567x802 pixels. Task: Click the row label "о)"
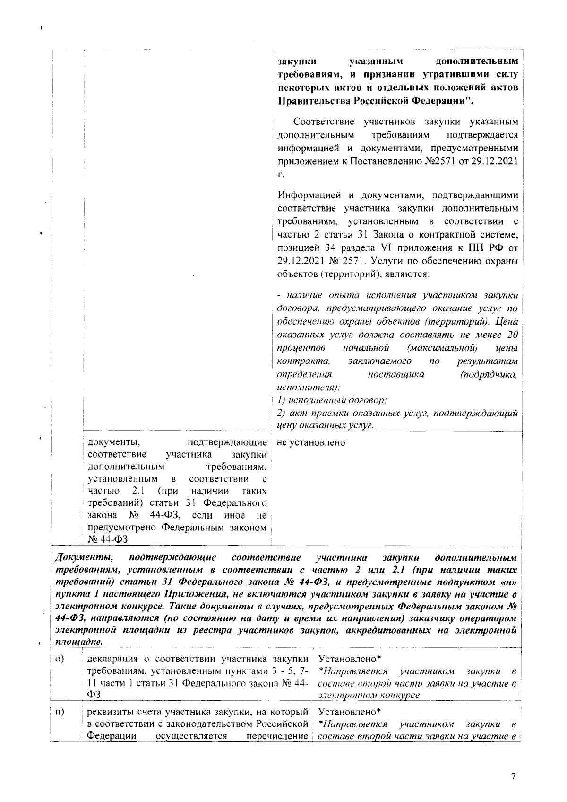pyautogui.click(x=60, y=659)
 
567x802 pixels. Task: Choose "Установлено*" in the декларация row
pyautogui.click(x=350, y=659)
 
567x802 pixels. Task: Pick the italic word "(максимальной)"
pyautogui.click(x=442, y=348)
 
